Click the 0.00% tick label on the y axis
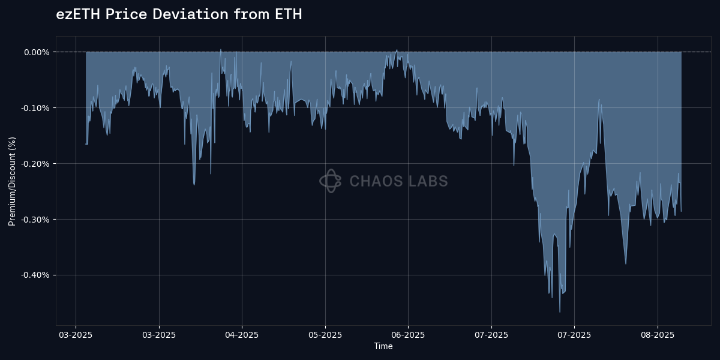click(x=37, y=52)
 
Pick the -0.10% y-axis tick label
click(x=35, y=108)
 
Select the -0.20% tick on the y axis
click(x=35, y=164)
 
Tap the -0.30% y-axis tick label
click(x=35, y=220)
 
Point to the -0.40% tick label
click(x=35, y=275)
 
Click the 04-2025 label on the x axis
click(x=242, y=335)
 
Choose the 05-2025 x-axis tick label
click(x=325, y=335)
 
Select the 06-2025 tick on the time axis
click(x=408, y=335)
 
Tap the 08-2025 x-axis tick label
click(x=657, y=335)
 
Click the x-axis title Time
click(x=383, y=346)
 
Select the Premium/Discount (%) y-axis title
click(x=13, y=181)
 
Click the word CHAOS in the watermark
click(x=375, y=181)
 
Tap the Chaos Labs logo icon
click(x=330, y=181)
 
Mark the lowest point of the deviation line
click(x=560, y=312)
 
